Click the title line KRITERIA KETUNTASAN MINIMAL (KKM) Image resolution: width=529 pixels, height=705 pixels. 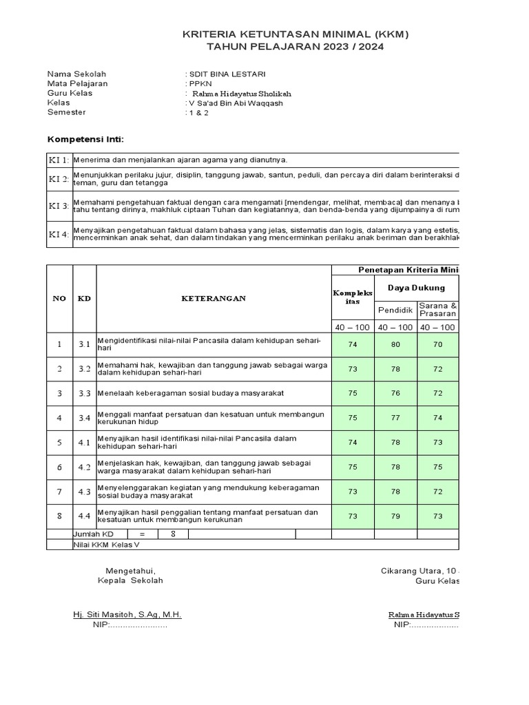pos(290,34)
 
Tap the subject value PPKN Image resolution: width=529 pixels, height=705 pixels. pos(200,83)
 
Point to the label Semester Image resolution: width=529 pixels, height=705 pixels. pos(67,113)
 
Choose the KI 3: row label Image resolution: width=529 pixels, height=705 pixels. pos(59,207)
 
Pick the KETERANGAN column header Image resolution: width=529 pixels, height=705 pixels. pos(213,298)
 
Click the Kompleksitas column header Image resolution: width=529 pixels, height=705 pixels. pos(353,298)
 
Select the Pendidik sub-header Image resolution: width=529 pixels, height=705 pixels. pos(395,310)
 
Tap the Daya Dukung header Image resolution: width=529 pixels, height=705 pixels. pos(416,288)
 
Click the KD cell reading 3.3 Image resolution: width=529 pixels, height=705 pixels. pos(84,393)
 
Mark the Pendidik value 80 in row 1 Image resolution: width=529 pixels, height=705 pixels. pos(395,344)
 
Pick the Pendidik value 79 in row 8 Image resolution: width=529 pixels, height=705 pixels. pos(395,516)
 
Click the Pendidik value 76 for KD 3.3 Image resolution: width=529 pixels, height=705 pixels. pos(395,393)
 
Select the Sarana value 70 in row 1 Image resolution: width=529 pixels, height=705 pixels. pos(437,344)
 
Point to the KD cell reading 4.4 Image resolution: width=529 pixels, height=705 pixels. pos(84,516)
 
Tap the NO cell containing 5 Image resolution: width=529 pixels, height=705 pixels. pos(59,443)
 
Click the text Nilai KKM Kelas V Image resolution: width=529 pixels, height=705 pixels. pos(106,544)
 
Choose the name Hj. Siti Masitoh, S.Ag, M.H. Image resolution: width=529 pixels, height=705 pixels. pos(127,614)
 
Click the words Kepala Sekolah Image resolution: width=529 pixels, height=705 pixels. pos(130,580)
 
